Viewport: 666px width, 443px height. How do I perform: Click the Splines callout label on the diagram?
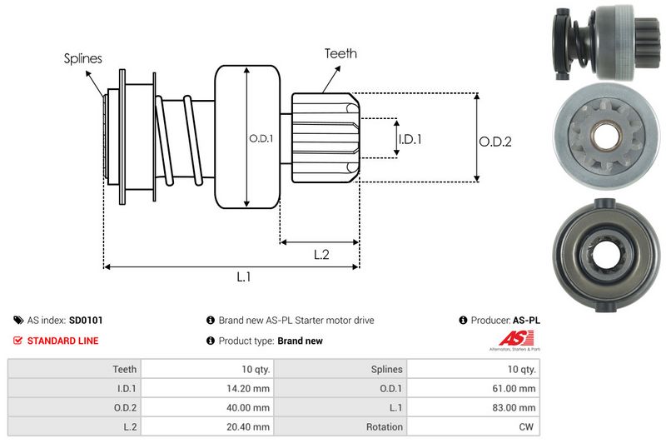coord(82,59)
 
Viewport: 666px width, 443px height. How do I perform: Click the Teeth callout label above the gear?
coord(340,53)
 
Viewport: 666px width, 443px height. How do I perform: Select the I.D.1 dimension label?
coord(410,139)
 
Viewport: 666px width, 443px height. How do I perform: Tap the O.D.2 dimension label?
coord(495,142)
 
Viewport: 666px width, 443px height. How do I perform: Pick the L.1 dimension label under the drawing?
coord(244,278)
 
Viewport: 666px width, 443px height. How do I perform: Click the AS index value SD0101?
coord(86,320)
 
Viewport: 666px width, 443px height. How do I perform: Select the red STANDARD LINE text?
coord(62,341)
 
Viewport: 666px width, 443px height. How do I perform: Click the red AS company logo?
coord(510,339)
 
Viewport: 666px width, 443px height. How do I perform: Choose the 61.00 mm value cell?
coord(516,387)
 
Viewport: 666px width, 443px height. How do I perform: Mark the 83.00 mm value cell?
coord(516,407)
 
